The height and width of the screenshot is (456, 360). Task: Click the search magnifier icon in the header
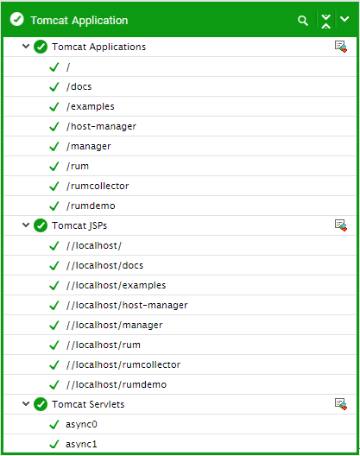pos(303,21)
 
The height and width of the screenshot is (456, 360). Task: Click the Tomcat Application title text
pos(79,21)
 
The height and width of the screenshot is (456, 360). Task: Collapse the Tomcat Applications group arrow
pos(26,47)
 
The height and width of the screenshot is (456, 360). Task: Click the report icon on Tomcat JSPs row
pos(341,225)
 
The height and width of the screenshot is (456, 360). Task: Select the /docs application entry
pos(79,86)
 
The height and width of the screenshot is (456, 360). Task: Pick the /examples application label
pos(90,107)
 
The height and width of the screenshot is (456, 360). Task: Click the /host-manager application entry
pos(101,126)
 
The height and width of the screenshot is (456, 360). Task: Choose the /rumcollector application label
pos(98,187)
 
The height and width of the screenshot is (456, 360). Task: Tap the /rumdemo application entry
pos(91,206)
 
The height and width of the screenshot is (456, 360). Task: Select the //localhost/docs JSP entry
pos(104,265)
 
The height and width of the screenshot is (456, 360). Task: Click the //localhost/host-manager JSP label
pos(127,306)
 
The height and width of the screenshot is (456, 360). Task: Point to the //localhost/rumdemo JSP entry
pos(117,385)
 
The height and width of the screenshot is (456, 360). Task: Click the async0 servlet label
pos(81,425)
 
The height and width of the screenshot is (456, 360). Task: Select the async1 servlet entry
pos(81,445)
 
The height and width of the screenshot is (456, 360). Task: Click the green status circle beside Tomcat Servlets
pos(41,404)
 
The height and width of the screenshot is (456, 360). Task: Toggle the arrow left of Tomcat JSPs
pos(26,225)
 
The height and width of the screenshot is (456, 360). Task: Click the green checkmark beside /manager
pos(54,146)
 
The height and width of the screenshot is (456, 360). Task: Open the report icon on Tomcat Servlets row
pos(341,404)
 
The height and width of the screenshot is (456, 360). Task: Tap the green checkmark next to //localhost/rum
pos(54,345)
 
